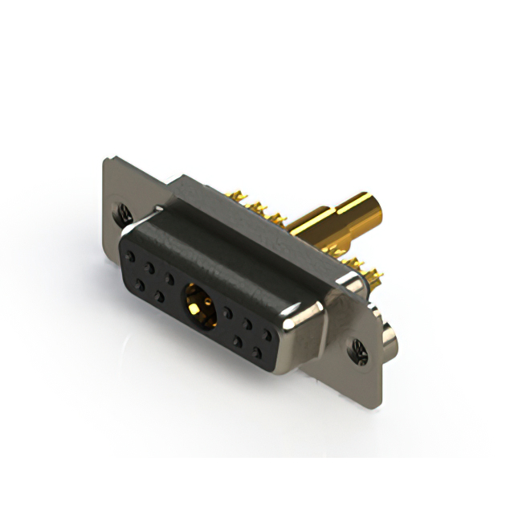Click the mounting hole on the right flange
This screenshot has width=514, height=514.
(357, 349)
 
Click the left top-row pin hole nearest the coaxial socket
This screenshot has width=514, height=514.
(169, 278)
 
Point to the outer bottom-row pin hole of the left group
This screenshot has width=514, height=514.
(140, 285)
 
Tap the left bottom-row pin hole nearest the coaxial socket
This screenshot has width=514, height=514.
(159, 296)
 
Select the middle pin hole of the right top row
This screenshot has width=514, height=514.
(248, 322)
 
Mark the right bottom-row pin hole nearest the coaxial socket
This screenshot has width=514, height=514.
(238, 341)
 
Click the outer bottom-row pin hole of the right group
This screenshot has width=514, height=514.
(259, 352)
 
